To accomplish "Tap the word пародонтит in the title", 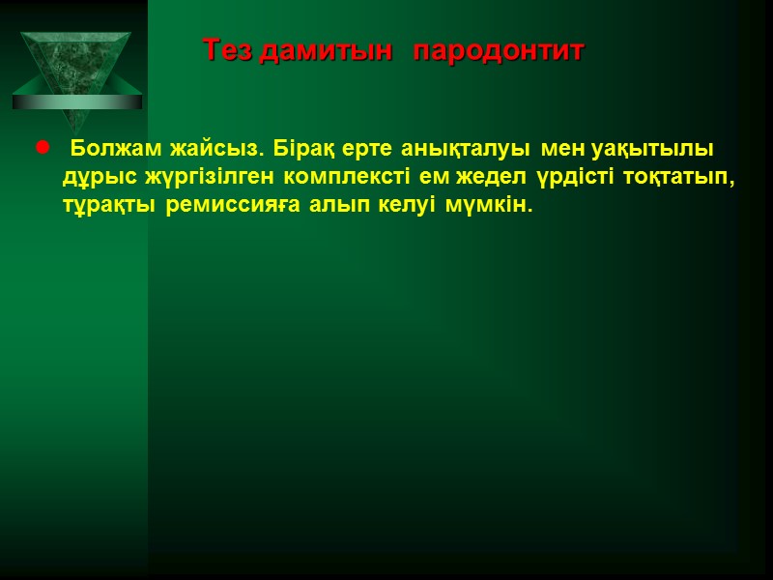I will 499,50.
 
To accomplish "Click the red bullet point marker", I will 42,149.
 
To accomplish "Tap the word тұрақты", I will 109,208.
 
